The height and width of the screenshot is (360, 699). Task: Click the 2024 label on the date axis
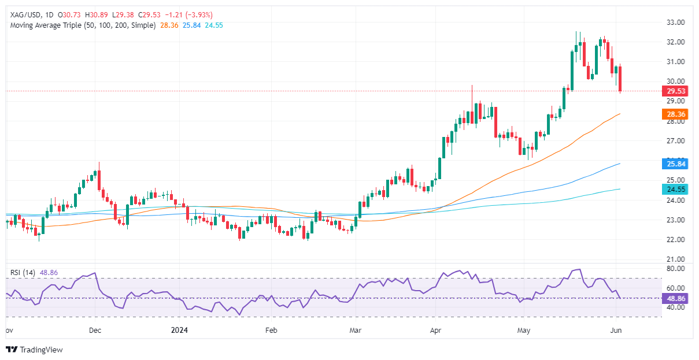click(181, 331)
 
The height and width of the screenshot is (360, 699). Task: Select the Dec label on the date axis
click(95, 331)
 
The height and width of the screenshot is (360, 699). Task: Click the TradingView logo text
click(40, 350)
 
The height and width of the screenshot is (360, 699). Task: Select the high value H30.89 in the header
click(109, 14)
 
